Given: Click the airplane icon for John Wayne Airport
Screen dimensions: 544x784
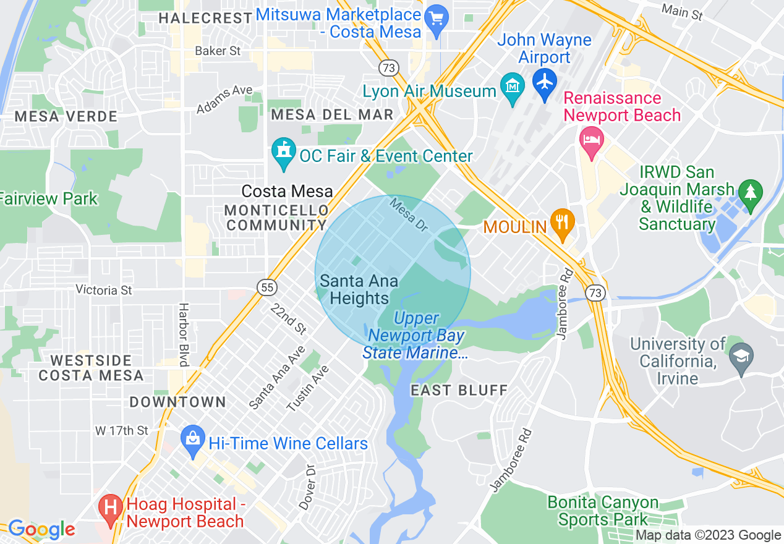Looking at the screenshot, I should (545, 82).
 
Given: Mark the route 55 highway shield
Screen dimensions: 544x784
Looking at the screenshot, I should (267, 287).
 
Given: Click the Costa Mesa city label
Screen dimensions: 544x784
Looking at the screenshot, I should (287, 192).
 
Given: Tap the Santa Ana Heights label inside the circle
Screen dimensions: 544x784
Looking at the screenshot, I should (359, 290).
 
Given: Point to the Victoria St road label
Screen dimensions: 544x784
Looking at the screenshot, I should (104, 289).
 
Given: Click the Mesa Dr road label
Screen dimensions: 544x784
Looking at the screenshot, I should (408, 215).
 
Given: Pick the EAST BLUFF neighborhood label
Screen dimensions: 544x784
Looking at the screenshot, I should (459, 390).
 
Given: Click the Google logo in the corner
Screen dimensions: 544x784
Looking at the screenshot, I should (41, 529).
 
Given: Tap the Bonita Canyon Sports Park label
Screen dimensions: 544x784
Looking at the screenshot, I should (602, 511).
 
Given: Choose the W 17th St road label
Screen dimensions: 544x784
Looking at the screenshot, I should (122, 430).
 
